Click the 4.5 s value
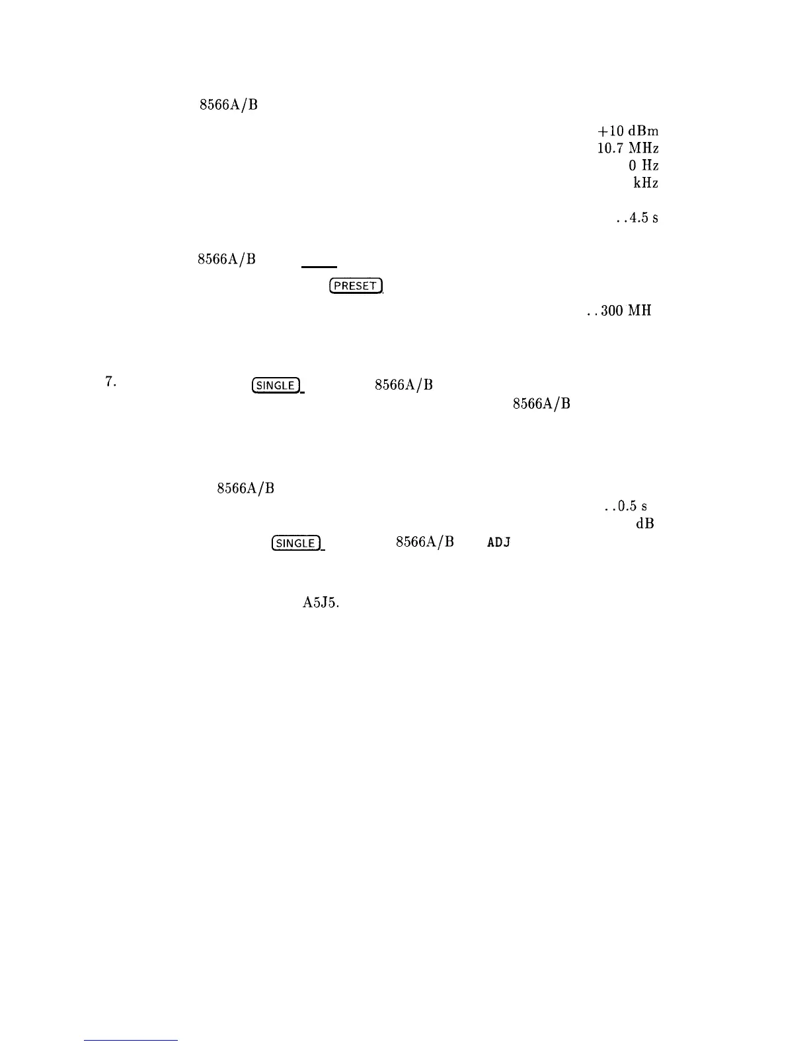click(636, 217)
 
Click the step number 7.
click(110, 382)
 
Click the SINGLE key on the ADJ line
click(296, 543)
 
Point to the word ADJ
click(499, 543)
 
